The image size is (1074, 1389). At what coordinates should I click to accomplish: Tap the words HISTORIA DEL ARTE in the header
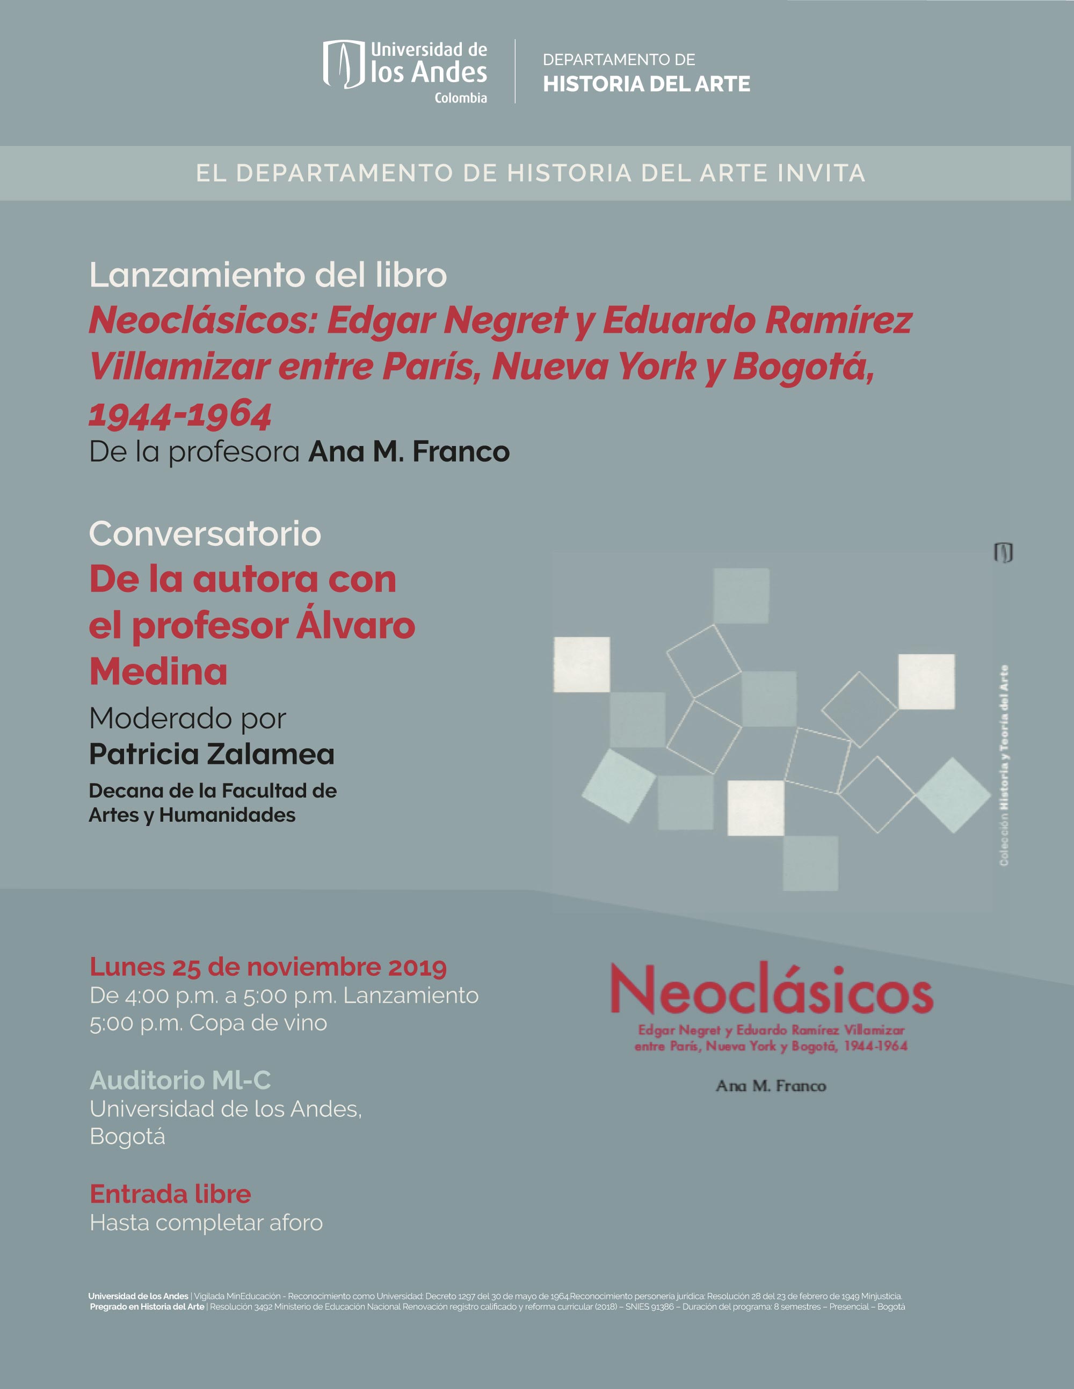pyautogui.click(x=646, y=84)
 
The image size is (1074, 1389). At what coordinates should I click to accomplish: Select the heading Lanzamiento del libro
pyautogui.click(x=268, y=275)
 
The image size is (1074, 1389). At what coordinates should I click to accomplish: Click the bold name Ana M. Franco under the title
pyautogui.click(x=409, y=451)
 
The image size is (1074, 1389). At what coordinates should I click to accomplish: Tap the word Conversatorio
pyautogui.click(x=205, y=533)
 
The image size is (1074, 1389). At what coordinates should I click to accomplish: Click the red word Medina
pyautogui.click(x=158, y=671)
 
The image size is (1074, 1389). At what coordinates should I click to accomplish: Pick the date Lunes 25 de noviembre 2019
pyautogui.click(x=268, y=967)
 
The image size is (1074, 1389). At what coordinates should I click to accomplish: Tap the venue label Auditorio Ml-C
pyautogui.click(x=180, y=1080)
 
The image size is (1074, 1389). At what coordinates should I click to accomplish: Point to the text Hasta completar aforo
pyautogui.click(x=206, y=1223)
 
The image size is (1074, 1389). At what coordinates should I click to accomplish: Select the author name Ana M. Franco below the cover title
pyautogui.click(x=771, y=1086)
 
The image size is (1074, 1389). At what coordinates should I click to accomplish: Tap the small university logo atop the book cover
pyautogui.click(x=1003, y=552)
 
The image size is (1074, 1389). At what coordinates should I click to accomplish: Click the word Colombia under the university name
pyautogui.click(x=461, y=98)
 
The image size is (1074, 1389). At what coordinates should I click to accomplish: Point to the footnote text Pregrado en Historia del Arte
pyautogui.click(x=147, y=1306)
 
